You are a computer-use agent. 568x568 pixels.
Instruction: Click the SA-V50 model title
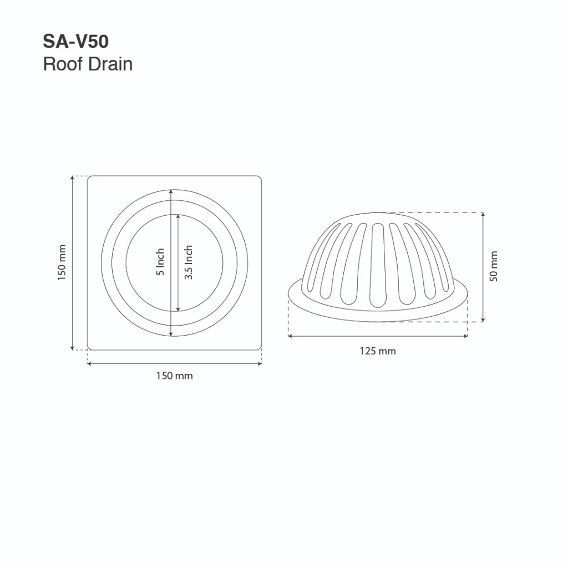[x=75, y=41]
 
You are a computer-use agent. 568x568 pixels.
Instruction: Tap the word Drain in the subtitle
[x=110, y=64]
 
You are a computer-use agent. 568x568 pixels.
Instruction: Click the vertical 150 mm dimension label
[x=62, y=262]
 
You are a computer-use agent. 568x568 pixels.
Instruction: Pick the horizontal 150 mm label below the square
[x=175, y=376]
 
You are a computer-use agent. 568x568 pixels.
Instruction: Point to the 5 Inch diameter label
[x=160, y=262]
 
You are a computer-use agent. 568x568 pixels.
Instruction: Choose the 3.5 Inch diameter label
[x=189, y=262]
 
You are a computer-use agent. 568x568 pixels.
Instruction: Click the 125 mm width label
[x=378, y=351]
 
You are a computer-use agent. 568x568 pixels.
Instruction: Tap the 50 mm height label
[x=493, y=266]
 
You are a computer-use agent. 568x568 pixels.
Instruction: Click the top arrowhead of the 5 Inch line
[x=171, y=191]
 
